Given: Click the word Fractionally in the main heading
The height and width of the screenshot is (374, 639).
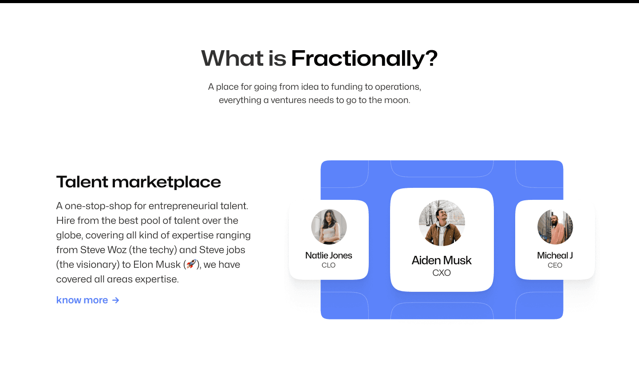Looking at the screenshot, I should point(358,59).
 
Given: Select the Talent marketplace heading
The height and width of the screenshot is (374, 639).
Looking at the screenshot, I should point(138,182).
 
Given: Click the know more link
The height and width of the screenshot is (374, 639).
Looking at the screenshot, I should point(82,300).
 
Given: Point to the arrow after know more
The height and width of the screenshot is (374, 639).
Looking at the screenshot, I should point(116,300).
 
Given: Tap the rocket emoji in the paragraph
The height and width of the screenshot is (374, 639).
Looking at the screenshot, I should point(191,264).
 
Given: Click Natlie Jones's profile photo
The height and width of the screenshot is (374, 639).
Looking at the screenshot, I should point(329,227).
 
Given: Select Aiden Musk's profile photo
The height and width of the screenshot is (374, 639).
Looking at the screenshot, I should point(442,223).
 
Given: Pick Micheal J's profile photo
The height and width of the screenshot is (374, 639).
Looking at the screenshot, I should point(555,227).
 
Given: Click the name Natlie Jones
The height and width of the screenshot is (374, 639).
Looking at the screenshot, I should point(329,255).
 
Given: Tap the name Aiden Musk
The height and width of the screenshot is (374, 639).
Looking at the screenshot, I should point(442,260).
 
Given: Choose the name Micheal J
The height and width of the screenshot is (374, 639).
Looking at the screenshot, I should point(555,255).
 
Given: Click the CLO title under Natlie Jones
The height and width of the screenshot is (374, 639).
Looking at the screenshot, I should point(329,265).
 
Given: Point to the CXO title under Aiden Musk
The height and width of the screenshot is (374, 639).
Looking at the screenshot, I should point(442,273).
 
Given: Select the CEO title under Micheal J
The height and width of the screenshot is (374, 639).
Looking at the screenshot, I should point(555,265).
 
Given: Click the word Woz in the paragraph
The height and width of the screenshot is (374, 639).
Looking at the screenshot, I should point(117,250).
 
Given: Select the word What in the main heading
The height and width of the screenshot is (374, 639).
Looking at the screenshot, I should point(232,59).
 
